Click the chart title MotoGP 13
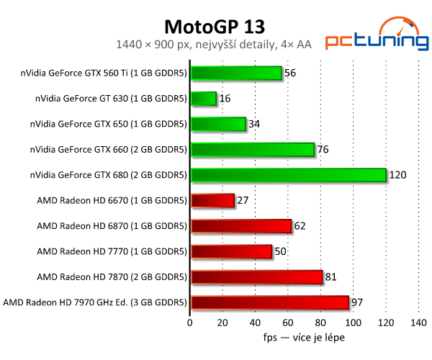(215, 27)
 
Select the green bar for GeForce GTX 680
(289, 175)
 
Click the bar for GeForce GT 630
(203, 99)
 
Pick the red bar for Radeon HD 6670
(212, 201)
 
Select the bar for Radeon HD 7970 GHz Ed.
(269, 302)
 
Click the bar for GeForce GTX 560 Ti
(236, 73)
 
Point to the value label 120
(398, 175)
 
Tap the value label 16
(225, 99)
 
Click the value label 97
(357, 302)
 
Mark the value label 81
(331, 277)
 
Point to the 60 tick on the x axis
(288, 324)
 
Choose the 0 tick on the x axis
(190, 324)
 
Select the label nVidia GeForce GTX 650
(108, 124)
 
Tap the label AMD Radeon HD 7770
(112, 251)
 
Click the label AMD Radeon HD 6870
(112, 226)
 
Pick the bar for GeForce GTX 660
(253, 150)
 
